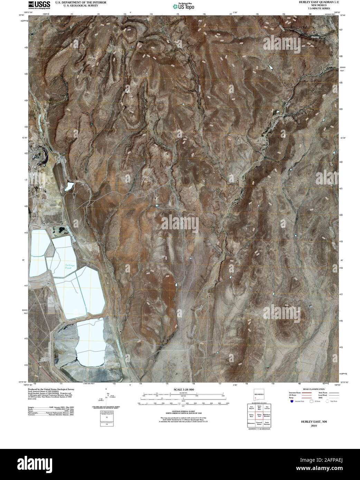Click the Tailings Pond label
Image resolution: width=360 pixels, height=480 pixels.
pyautogui.click(x=70, y=267)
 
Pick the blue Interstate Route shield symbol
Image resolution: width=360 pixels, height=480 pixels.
pyautogui.click(x=292, y=402)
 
